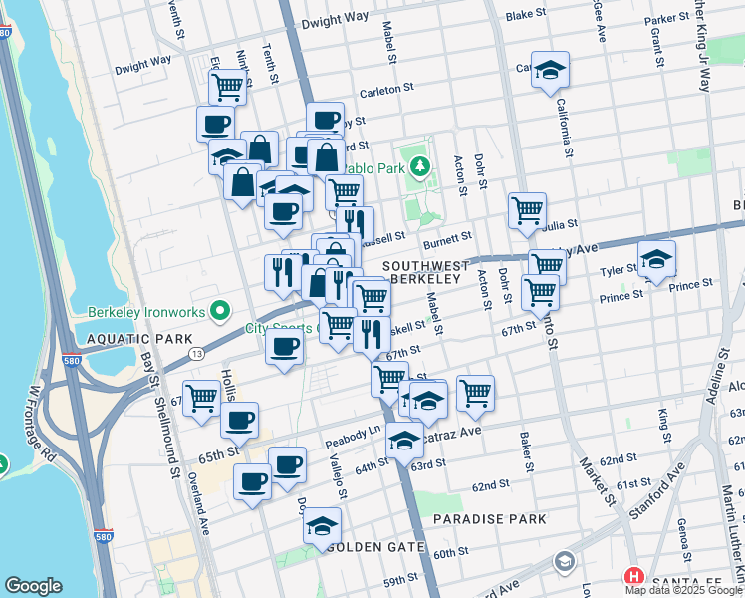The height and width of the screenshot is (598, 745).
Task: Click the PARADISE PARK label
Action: [x=490, y=519]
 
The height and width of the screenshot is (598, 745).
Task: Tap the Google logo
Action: [x=33, y=586]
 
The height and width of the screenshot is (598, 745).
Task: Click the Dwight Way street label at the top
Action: [x=335, y=19]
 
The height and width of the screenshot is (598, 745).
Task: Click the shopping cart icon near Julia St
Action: [x=526, y=210]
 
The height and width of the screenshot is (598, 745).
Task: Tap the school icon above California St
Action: [x=549, y=70]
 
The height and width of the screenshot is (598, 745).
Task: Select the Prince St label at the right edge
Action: [x=690, y=285]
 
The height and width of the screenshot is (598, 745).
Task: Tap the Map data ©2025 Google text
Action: [x=683, y=590]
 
